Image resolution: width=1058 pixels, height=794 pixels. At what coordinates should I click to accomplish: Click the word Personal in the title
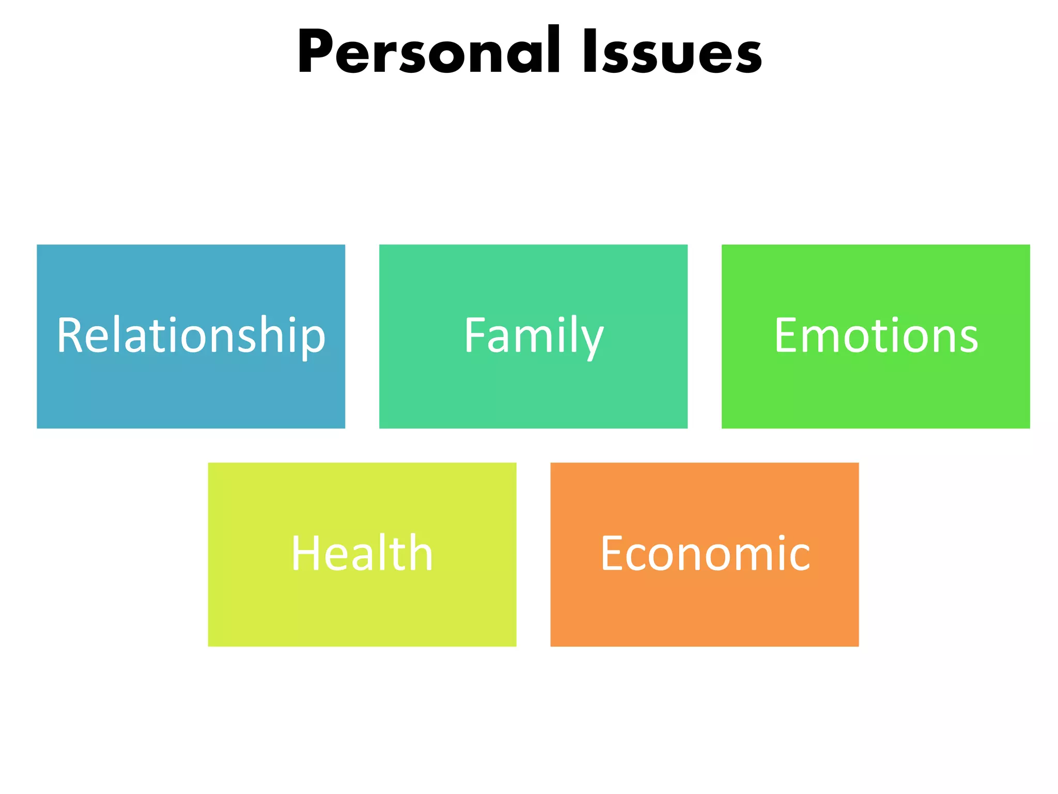(x=428, y=52)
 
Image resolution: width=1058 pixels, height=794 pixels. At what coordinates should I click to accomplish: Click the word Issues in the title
(x=672, y=52)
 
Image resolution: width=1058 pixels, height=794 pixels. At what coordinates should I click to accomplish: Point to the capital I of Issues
(x=589, y=52)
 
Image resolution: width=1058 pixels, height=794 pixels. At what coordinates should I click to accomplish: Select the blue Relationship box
(x=191, y=393)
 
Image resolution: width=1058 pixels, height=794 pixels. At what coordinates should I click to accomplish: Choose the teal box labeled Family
(x=533, y=393)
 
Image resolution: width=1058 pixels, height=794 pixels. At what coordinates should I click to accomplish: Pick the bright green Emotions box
(x=876, y=393)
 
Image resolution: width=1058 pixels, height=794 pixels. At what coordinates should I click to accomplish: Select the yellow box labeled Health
(x=362, y=610)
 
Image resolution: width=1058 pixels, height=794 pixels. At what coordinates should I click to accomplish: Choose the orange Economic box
(x=704, y=610)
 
